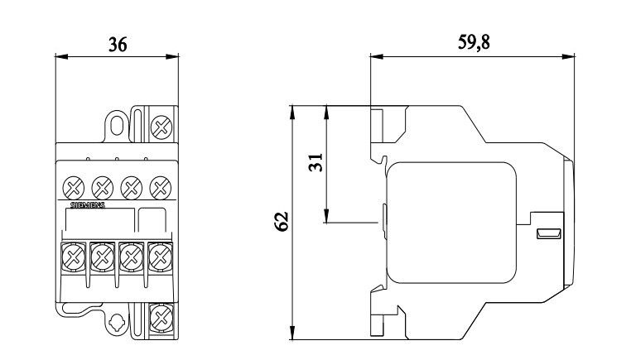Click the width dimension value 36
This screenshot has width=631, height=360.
click(x=118, y=45)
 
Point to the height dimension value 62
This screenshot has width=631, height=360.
click(x=281, y=222)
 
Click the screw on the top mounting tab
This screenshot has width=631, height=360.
click(x=161, y=127)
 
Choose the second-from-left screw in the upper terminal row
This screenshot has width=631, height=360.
click(x=102, y=185)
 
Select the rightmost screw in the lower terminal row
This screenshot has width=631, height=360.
click(x=159, y=257)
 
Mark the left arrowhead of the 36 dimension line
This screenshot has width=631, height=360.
click(x=58, y=56)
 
